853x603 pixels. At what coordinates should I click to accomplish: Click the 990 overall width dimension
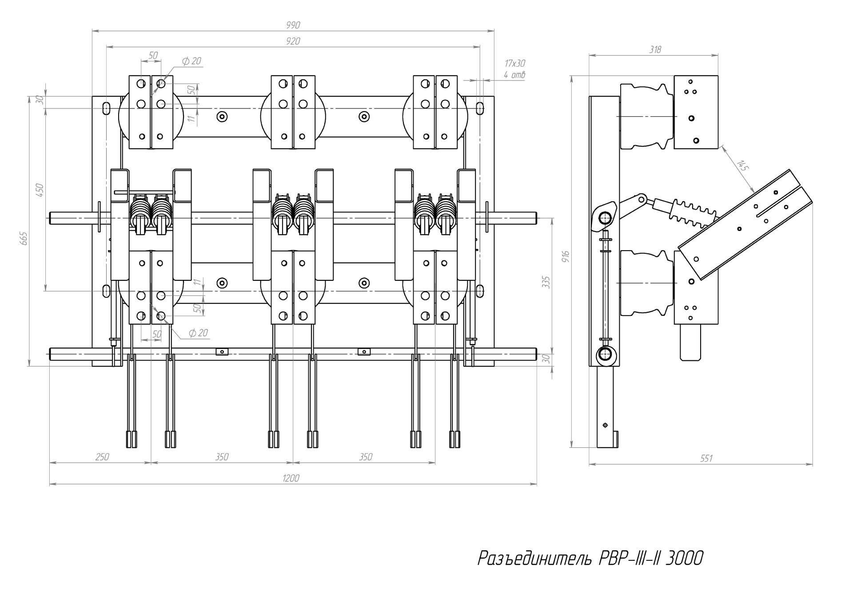point(293,25)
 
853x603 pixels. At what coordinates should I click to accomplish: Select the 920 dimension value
point(293,41)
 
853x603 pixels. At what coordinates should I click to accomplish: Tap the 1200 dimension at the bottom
point(291,478)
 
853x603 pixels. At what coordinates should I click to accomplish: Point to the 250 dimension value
point(102,457)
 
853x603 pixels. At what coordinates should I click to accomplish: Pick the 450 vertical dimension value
point(40,190)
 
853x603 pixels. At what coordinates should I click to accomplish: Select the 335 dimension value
point(546,283)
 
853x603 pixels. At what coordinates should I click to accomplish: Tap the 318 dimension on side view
point(655,50)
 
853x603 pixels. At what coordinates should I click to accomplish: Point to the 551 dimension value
point(706,459)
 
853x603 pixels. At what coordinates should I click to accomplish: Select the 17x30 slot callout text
point(515,64)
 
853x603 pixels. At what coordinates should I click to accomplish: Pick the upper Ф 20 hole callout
point(191,61)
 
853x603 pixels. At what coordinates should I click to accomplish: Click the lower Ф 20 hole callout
point(198,333)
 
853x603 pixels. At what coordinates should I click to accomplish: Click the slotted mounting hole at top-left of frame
point(106,108)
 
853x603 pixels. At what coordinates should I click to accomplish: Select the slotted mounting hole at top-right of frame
point(480,108)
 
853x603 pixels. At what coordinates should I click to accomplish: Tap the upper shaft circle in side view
point(605,218)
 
